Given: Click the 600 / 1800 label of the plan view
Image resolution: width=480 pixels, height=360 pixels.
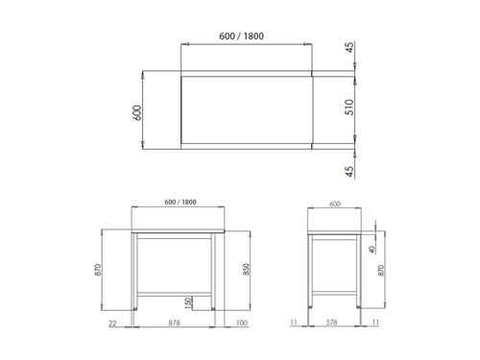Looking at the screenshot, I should click(242, 36).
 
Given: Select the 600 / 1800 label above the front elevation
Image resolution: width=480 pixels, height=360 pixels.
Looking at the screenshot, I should click(180, 202).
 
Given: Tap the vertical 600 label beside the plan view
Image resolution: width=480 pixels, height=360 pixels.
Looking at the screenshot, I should click(138, 110).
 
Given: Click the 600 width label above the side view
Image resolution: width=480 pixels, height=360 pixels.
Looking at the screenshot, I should click(334, 203).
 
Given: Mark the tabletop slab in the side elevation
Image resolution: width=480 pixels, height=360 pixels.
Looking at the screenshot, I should click(333, 232).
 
